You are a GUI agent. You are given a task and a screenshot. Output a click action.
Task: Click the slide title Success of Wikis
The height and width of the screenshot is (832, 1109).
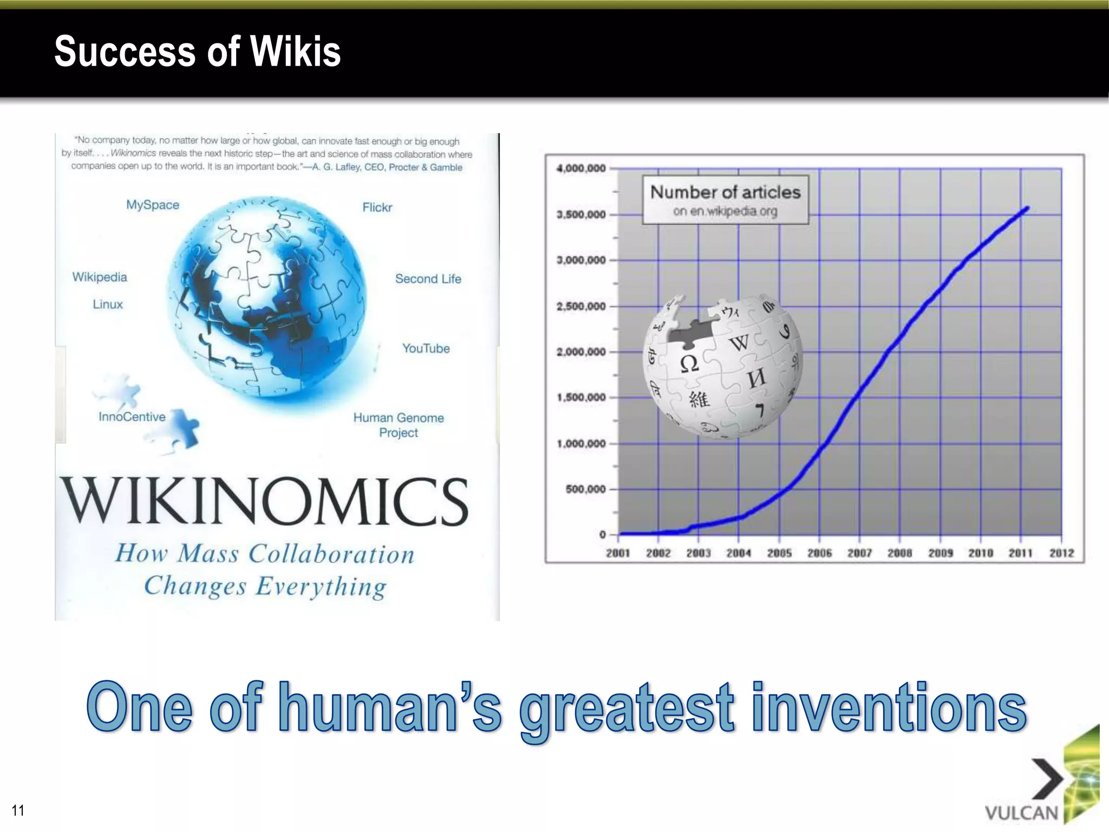pos(198,51)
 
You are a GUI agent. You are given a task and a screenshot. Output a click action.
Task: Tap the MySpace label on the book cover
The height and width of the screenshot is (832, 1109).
pos(153,205)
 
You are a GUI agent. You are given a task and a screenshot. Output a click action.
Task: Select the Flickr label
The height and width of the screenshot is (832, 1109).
pos(377,207)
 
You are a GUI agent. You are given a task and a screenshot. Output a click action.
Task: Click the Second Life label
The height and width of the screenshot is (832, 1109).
pos(428,279)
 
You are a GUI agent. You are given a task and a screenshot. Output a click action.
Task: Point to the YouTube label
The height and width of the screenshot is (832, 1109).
pos(426,348)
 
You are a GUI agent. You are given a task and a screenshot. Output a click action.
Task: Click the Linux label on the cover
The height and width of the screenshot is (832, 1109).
pos(108,304)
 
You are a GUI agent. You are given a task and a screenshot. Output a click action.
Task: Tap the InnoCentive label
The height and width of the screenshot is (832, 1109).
pos(132,417)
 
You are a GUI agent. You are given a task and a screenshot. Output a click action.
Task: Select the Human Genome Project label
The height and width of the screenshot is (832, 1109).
pos(399,425)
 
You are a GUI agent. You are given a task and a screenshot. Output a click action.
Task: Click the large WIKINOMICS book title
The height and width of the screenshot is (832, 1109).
pos(264,501)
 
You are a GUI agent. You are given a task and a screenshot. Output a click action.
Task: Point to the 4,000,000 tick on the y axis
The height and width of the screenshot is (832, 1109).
pos(581,168)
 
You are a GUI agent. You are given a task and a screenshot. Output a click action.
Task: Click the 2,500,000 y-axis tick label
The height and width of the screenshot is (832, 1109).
pos(581,307)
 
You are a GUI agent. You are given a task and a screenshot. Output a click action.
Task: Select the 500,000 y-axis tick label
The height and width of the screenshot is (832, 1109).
pos(585,489)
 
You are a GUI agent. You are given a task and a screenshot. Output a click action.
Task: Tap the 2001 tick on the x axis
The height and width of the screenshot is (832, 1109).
pos(618,553)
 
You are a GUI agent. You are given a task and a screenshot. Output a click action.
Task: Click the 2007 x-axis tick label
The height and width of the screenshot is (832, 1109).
pos(859,553)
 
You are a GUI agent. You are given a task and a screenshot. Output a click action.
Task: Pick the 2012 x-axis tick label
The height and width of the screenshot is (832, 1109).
pos(1061,553)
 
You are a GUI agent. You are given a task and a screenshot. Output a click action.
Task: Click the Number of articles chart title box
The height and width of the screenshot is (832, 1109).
pos(725,199)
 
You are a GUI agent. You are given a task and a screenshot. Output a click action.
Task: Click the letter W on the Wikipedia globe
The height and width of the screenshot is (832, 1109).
pos(739,342)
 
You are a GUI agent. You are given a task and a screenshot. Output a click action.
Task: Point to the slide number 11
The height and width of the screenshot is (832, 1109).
pos(18,810)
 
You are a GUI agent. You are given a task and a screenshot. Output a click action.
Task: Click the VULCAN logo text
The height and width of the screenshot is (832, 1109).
pos(1021,813)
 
